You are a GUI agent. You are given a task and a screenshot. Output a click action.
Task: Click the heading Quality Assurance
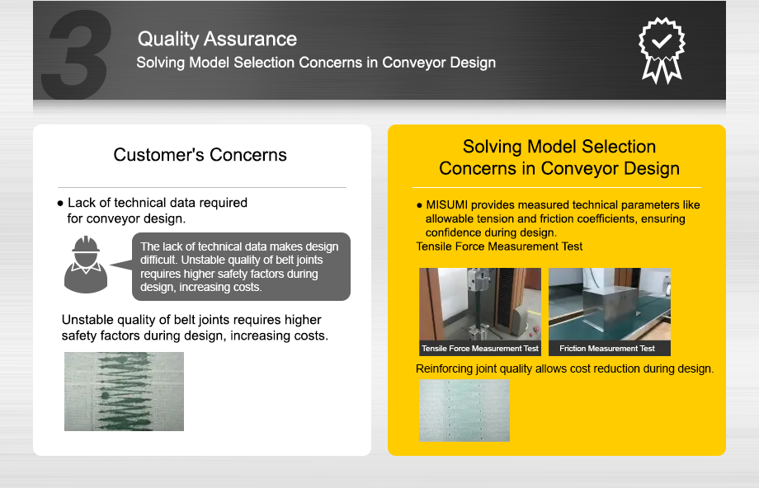[x=217, y=39]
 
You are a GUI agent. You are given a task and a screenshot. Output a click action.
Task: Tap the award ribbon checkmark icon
[x=662, y=49]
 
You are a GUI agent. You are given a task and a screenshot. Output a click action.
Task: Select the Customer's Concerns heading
[x=200, y=155]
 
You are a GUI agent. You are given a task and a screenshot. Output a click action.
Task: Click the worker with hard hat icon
[x=86, y=263]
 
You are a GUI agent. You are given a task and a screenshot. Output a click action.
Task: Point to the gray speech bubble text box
[x=241, y=267]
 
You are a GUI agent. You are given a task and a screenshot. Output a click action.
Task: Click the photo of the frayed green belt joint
[x=124, y=391]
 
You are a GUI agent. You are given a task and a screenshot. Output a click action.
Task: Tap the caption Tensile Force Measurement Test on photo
[x=480, y=349]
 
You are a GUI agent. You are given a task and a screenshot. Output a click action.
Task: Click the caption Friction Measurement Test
[x=607, y=349]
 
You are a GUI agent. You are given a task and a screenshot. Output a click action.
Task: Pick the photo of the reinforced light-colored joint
[x=464, y=410]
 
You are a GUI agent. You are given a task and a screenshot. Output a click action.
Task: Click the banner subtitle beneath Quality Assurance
[x=316, y=63]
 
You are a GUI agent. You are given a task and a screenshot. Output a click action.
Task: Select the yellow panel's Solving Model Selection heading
[x=559, y=157]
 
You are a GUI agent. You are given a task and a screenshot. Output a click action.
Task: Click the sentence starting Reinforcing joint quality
[x=564, y=368]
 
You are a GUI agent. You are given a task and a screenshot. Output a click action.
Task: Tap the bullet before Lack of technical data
[x=60, y=203]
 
